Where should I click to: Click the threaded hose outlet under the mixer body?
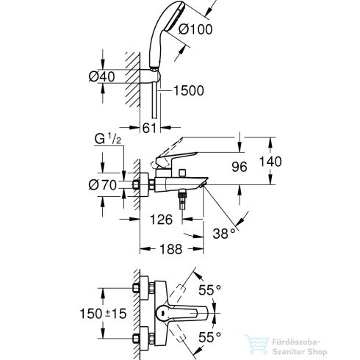click(x=181, y=200)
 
